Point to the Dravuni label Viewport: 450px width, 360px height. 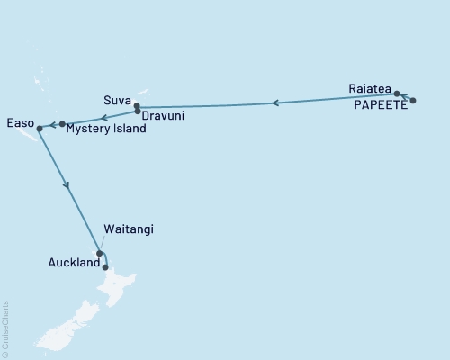[x=166, y=116]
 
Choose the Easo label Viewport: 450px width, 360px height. [x=21, y=121]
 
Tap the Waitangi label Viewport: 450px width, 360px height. [x=129, y=229]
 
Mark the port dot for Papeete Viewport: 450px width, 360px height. [x=413, y=101]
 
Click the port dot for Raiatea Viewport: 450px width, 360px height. [x=397, y=94]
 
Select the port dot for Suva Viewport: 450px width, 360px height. [x=136, y=106]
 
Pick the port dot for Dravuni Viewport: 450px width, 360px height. [x=137, y=112]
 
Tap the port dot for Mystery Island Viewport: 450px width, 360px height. [x=62, y=123]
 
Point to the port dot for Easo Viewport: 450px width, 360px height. [x=40, y=130]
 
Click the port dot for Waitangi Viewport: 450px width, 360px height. [x=99, y=253]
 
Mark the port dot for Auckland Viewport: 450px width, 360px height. [x=106, y=266]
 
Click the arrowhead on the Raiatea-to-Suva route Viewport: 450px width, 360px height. [x=275, y=103]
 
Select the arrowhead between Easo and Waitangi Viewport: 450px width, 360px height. [x=67, y=186]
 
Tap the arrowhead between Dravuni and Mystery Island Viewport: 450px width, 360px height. [x=104, y=117]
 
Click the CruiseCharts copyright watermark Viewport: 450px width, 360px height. [x=4, y=328]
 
